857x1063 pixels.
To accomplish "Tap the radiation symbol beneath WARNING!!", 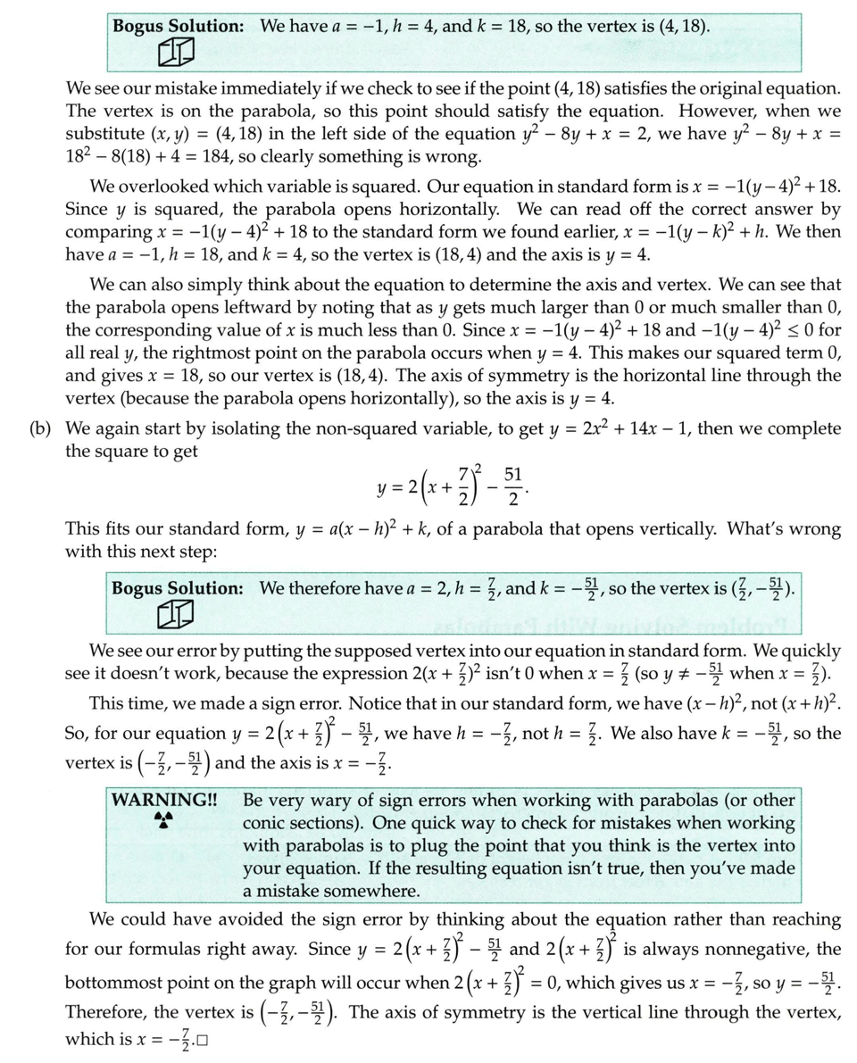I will (162, 819).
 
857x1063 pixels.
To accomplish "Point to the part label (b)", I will (40, 429).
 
